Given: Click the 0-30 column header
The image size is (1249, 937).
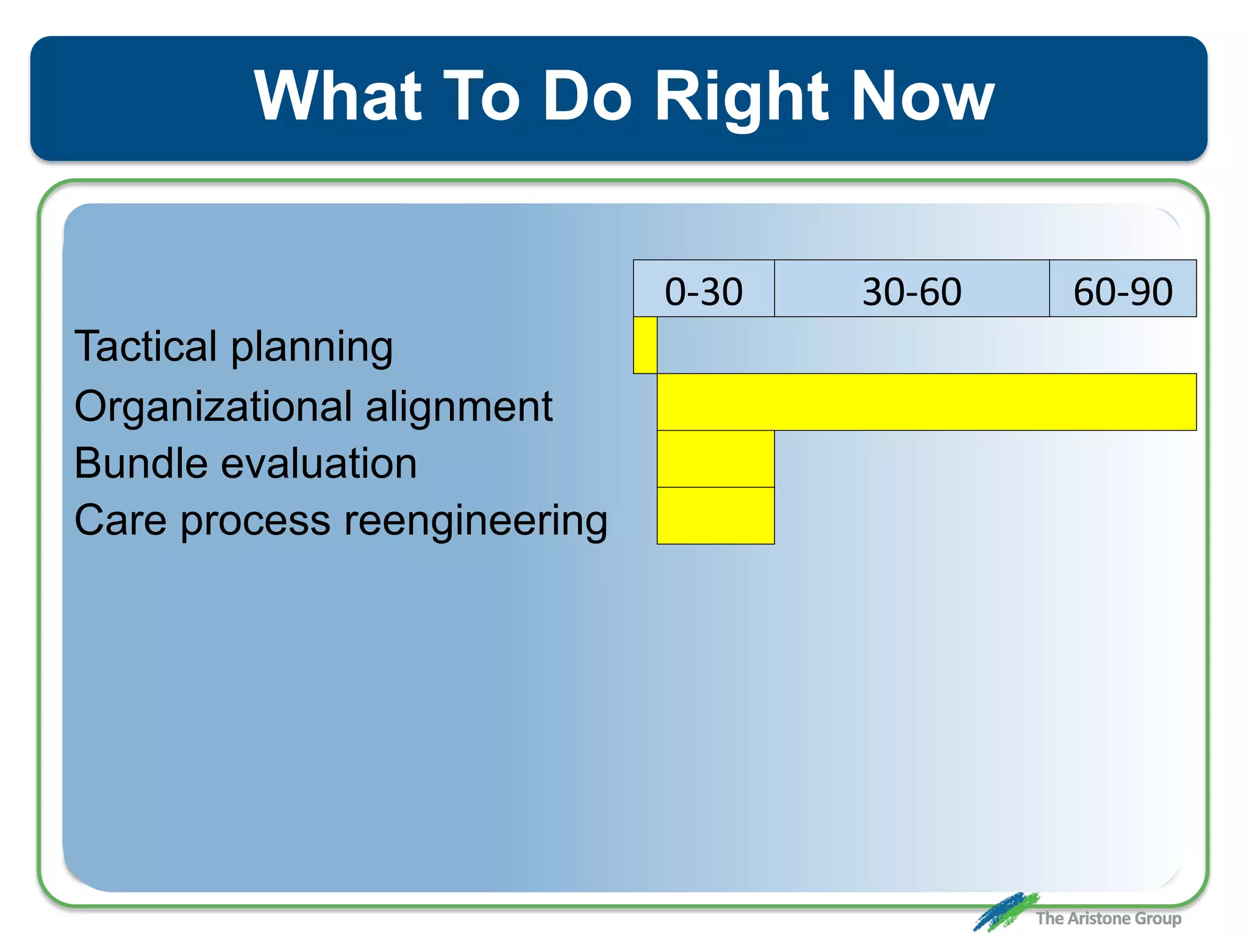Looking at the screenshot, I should click(704, 290).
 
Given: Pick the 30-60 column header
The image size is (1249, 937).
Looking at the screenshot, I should click(912, 290).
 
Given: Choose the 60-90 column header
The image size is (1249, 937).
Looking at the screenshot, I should click(1123, 290).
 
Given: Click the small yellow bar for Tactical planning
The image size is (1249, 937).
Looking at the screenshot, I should click(645, 345).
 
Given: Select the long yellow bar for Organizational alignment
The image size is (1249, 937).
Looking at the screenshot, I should click(926, 402).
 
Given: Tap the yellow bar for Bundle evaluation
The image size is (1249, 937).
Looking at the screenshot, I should click(715, 459).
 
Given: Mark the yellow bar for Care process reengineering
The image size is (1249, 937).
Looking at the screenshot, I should click(715, 515).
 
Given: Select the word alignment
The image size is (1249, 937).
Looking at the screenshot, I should click(459, 407).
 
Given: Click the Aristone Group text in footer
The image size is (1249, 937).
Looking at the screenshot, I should click(1108, 918).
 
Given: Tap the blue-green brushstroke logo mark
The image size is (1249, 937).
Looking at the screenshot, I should click(1005, 912).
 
